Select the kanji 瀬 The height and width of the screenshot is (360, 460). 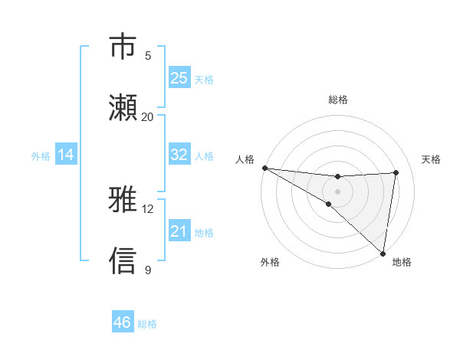[x=123, y=107]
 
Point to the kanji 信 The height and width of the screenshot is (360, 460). [x=123, y=260]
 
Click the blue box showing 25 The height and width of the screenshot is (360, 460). [x=179, y=78]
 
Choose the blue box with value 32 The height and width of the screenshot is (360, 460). [x=179, y=155]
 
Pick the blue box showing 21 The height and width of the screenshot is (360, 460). [x=179, y=231]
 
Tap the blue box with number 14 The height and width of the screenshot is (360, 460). [x=66, y=155]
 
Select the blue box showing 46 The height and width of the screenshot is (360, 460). [x=123, y=322]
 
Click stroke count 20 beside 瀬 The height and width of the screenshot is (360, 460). [x=148, y=116]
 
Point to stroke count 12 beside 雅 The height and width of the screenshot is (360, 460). [x=148, y=208]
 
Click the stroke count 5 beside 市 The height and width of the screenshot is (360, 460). [x=148, y=55]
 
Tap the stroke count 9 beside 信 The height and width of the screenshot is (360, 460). [x=148, y=270]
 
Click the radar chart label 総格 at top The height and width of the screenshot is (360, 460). [x=338, y=100]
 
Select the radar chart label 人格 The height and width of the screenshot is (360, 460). [x=245, y=159]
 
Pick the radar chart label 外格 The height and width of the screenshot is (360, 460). [x=270, y=262]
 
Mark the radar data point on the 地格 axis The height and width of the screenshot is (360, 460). [x=383, y=253]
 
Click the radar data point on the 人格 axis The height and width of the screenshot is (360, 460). [x=264, y=168]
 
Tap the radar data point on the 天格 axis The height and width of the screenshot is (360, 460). [x=396, y=172]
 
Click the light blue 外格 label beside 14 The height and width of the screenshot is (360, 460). [x=41, y=155]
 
